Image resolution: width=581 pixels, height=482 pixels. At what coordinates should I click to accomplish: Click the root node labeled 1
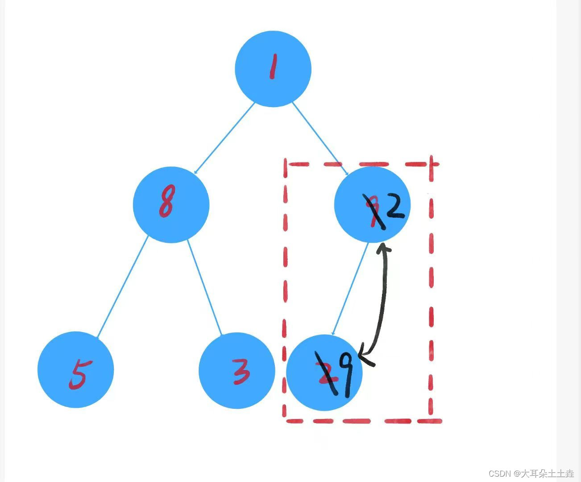273,69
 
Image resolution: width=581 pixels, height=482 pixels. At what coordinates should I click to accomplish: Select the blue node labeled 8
171,204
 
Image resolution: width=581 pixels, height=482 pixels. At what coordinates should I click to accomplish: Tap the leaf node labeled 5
76,370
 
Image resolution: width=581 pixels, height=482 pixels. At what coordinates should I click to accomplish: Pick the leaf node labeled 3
237,370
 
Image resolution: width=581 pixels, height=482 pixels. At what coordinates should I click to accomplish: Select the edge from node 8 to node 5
123,287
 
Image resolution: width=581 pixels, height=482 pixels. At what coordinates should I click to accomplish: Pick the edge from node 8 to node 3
204,287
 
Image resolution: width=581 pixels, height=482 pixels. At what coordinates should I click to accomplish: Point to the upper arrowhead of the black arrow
383,248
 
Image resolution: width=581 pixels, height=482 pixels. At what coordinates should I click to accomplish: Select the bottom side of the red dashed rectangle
361,420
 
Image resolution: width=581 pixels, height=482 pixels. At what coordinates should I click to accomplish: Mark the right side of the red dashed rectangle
432,290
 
